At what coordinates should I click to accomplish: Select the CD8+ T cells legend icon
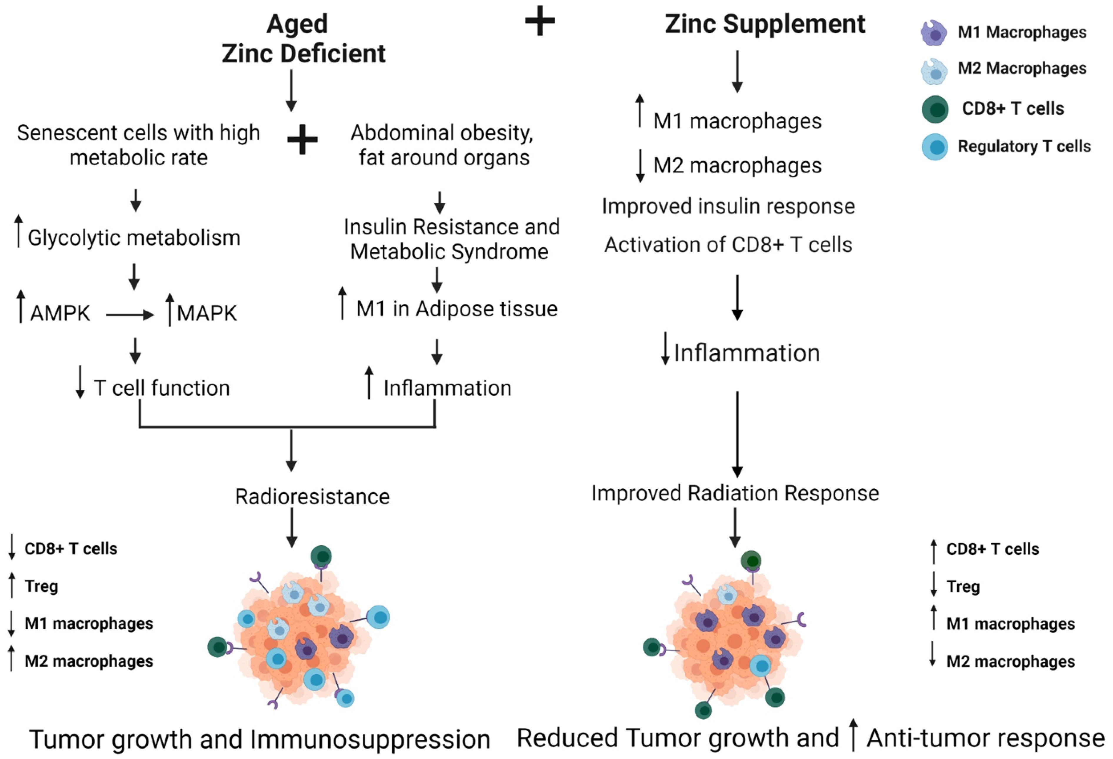(935, 109)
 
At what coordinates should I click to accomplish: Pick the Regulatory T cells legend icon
(934, 147)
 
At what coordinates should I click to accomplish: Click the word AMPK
(60, 314)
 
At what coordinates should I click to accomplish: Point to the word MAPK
(207, 314)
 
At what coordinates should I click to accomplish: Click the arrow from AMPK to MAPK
(130, 314)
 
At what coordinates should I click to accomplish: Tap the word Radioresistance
(312, 497)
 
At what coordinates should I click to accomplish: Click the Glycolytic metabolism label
(134, 237)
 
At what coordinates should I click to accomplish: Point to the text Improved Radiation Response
(735, 493)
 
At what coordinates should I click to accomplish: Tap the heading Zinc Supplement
(765, 24)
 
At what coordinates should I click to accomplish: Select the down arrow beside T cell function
(81, 382)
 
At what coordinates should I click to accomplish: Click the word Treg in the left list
(41, 586)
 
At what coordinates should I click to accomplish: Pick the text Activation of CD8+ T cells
(728, 245)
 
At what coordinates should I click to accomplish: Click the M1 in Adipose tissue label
(456, 309)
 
